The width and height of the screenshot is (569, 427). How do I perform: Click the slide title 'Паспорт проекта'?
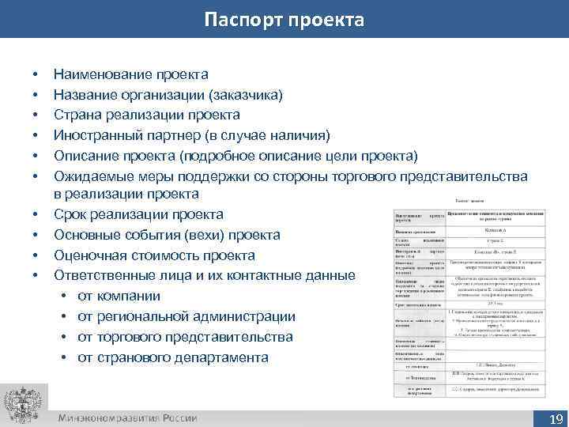pos(284,19)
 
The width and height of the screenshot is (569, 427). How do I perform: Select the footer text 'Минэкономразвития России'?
pos(127,418)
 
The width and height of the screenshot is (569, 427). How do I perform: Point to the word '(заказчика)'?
pos(246,95)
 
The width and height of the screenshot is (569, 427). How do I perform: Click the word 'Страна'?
pos(77,115)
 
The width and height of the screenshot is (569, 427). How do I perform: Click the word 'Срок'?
pos(70,214)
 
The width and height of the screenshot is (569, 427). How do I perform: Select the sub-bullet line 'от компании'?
pos(119,297)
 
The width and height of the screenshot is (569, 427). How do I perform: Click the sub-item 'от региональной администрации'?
pos(175,317)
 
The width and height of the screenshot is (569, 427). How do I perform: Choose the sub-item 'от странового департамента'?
pos(173,357)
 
